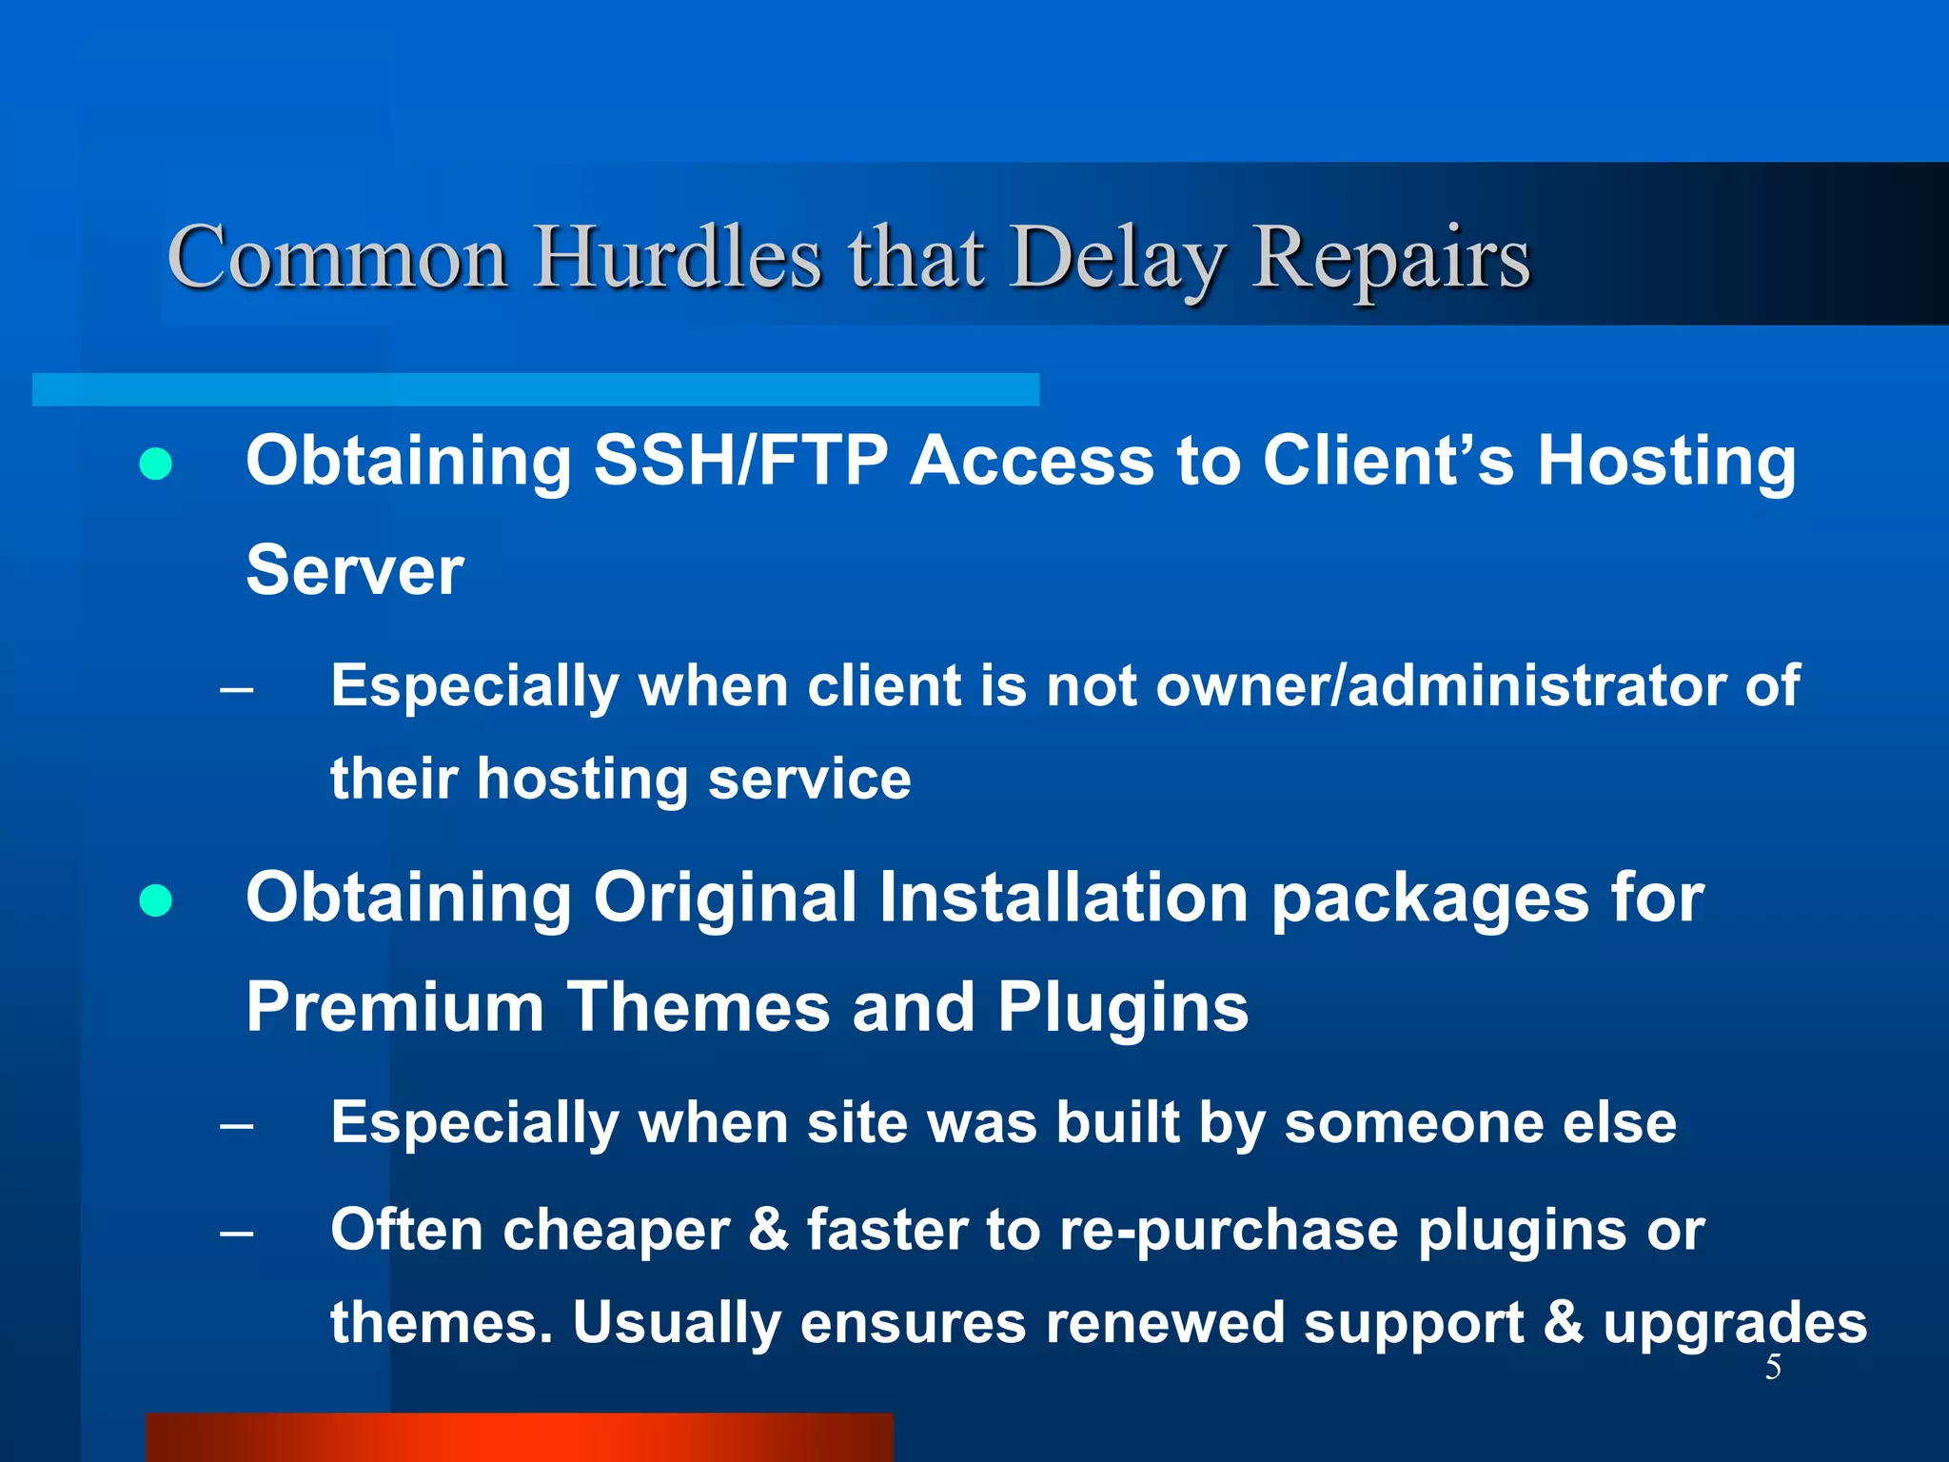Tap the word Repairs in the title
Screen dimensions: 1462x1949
click(x=1391, y=259)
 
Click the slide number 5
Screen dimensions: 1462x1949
click(x=1773, y=1368)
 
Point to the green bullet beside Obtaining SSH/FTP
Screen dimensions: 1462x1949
click(x=156, y=464)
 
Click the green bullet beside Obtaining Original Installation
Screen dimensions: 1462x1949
click(x=156, y=899)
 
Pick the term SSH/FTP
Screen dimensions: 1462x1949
click(x=741, y=462)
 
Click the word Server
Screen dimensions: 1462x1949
click(x=355, y=571)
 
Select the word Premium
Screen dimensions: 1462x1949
click(x=395, y=1007)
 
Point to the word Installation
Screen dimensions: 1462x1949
click(x=1063, y=898)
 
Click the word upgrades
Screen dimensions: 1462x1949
click(x=1735, y=1324)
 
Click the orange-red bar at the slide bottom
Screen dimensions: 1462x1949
click(x=520, y=1437)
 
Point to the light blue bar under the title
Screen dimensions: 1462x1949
click(x=535, y=389)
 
